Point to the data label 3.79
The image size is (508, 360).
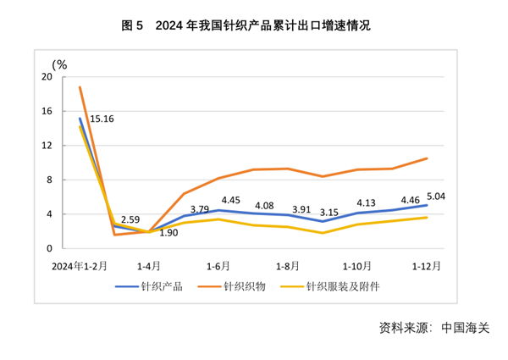click(200, 208)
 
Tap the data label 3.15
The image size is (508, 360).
click(329, 224)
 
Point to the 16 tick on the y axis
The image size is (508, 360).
click(47, 111)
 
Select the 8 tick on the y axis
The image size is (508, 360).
click(50, 180)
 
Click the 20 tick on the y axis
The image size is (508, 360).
click(47, 77)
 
